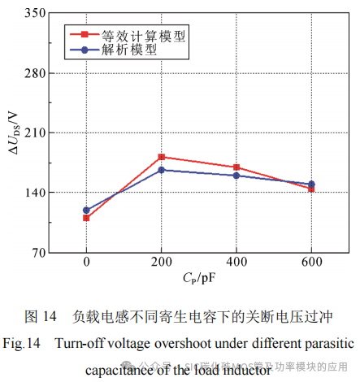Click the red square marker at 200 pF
pyautogui.click(x=162, y=157)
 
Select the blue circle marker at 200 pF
pyautogui.click(x=162, y=170)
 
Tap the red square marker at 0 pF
pyautogui.click(x=86, y=218)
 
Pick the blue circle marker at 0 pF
pyautogui.click(x=86, y=210)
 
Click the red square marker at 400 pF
pyautogui.click(x=236, y=167)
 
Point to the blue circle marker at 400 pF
pyautogui.click(x=236, y=176)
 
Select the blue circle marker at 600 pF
pyautogui.click(x=311, y=184)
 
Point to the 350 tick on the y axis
pyautogui.click(x=33, y=14)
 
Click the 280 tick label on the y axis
pyautogui.click(x=33, y=73)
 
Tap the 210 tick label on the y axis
pyautogui.click(x=33, y=132)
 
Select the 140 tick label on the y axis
pyautogui.click(x=33, y=193)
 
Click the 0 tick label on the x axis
pyautogui.click(x=86, y=263)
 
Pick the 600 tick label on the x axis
pyautogui.click(x=311, y=263)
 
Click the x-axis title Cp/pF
pyautogui.click(x=198, y=279)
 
